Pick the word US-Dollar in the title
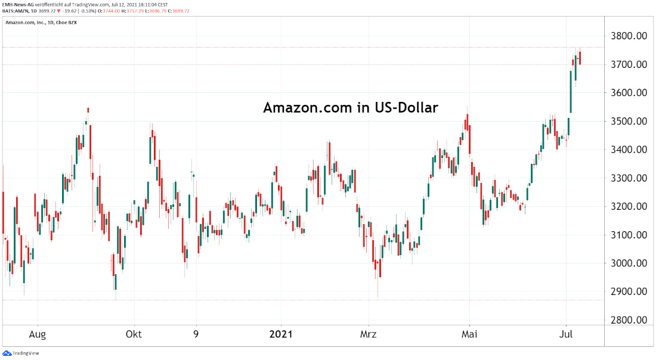pyautogui.click(x=407, y=108)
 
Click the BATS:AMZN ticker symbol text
pyautogui.click(x=17, y=11)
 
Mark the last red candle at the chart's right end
pyautogui.click(x=580, y=58)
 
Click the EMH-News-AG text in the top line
pyautogui.click(x=17, y=4)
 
